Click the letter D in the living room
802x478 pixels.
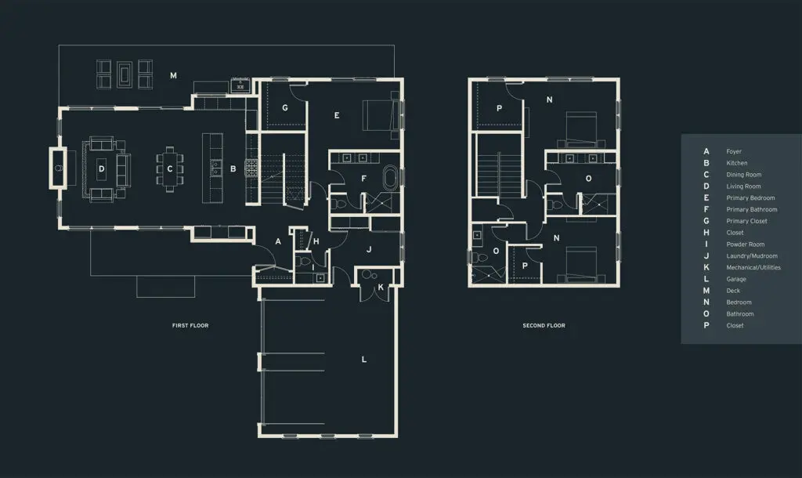click(x=101, y=169)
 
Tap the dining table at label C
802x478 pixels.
click(x=170, y=169)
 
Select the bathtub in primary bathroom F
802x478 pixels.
click(x=390, y=178)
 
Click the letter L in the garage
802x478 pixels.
click(x=364, y=359)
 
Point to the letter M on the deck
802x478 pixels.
click(x=173, y=76)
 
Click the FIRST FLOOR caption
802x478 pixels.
click(x=190, y=325)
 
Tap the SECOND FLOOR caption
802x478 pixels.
click(x=544, y=325)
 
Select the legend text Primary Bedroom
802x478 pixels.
click(x=750, y=198)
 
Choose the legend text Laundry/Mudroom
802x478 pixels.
click(x=752, y=256)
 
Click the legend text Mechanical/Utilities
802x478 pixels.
click(x=753, y=268)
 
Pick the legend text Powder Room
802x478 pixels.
click(x=746, y=244)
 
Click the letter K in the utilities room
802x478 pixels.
click(x=381, y=287)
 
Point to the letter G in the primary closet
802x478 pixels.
click(x=285, y=108)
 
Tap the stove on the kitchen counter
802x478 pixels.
click(x=251, y=168)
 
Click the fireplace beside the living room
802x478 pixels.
click(x=58, y=168)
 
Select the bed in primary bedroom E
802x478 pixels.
click(x=381, y=115)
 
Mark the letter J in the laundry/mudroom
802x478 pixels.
click(x=369, y=250)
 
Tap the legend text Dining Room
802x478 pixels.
click(x=744, y=175)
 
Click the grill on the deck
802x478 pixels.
click(x=240, y=85)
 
